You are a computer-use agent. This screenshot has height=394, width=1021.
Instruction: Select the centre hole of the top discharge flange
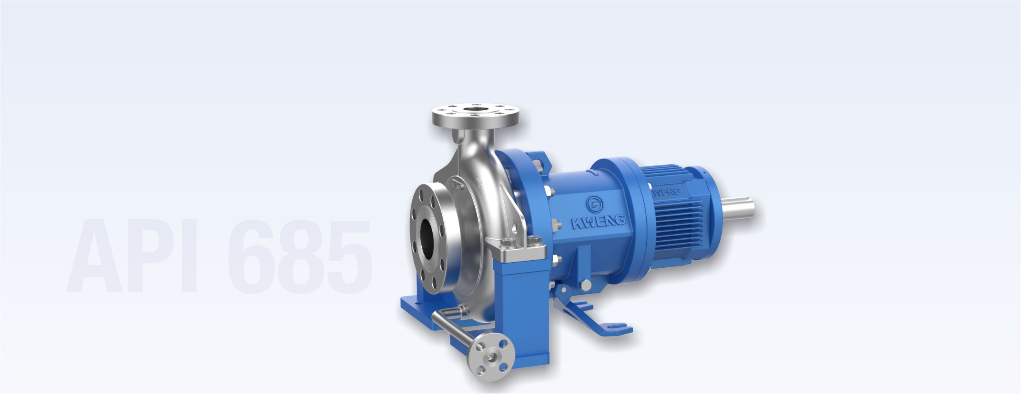click(476, 110)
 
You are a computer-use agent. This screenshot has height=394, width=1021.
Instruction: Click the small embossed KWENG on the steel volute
click(456, 184)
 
